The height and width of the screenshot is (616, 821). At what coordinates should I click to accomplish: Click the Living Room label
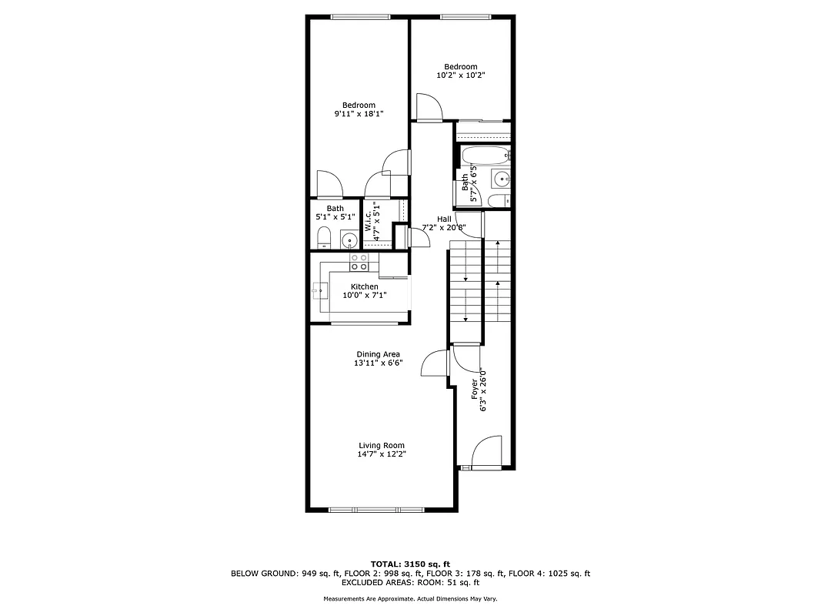click(382, 445)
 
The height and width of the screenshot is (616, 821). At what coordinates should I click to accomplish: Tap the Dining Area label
click(378, 354)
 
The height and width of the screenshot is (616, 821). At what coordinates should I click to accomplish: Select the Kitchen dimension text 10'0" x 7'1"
click(365, 295)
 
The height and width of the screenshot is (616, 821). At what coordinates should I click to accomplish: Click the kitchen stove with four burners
click(359, 263)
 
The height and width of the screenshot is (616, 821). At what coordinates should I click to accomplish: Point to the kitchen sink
click(320, 291)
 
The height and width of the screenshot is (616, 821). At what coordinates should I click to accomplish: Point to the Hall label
click(444, 219)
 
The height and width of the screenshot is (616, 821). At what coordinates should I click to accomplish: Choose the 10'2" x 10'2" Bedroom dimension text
click(461, 75)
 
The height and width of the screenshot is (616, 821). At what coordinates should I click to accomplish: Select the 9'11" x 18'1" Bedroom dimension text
click(359, 114)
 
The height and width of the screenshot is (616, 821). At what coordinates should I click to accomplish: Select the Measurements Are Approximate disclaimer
click(410, 599)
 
